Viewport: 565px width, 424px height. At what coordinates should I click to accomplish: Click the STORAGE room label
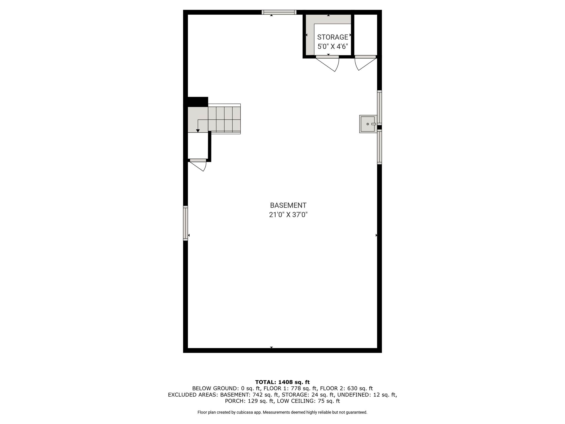click(x=332, y=37)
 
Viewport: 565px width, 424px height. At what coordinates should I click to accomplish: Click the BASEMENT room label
click(x=288, y=205)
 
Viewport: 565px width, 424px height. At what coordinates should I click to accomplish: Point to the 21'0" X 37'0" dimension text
click(x=288, y=215)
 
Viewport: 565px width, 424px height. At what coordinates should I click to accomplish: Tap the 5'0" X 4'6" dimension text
click(x=332, y=46)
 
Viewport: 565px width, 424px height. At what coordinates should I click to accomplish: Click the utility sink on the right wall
click(x=368, y=124)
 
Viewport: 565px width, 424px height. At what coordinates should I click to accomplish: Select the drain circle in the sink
click(x=368, y=124)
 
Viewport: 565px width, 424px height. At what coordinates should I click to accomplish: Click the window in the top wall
click(x=279, y=12)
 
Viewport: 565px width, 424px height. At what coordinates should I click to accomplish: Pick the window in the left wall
click(x=185, y=223)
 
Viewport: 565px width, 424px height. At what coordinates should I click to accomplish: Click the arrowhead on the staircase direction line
click(x=198, y=131)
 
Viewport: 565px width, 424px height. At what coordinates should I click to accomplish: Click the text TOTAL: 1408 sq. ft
click(x=282, y=382)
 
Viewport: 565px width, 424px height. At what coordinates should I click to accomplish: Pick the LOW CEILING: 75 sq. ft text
click(x=308, y=401)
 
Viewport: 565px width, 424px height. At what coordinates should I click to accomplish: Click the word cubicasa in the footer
click(x=245, y=412)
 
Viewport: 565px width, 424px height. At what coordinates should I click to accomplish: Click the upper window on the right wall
click(x=380, y=107)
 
